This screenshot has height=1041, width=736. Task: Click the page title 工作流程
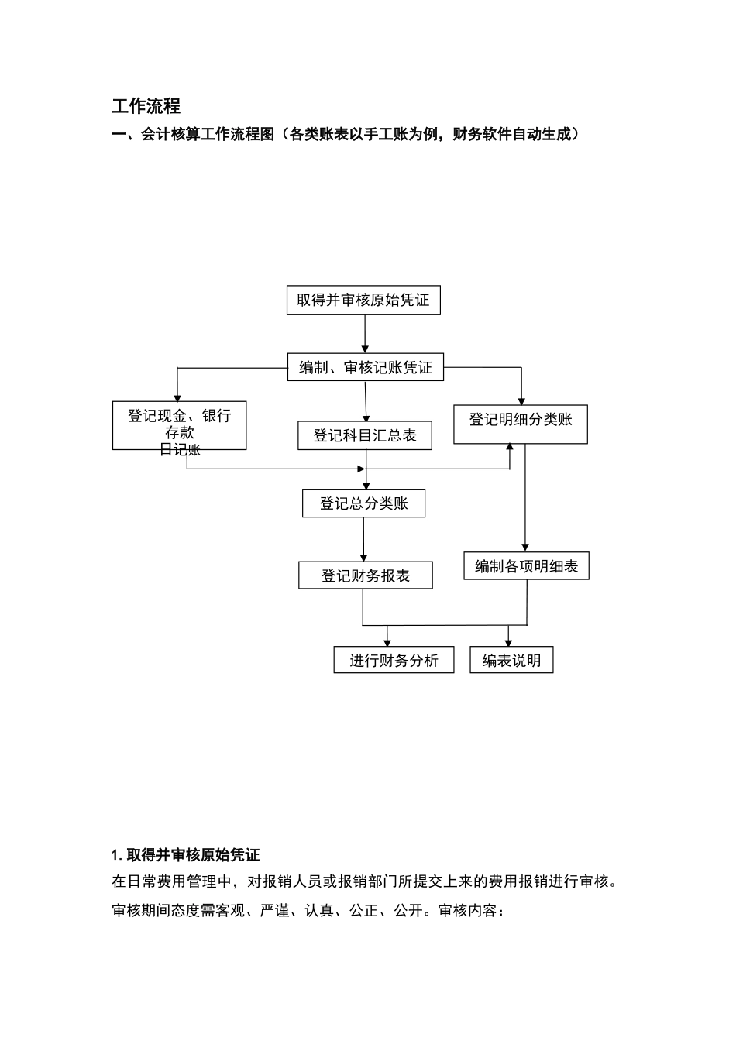click(x=146, y=106)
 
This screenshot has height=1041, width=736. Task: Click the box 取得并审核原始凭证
click(x=363, y=300)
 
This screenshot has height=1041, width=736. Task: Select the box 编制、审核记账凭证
click(x=366, y=367)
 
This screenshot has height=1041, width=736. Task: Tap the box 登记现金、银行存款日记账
click(x=179, y=425)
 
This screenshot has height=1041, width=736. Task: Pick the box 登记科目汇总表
click(x=365, y=435)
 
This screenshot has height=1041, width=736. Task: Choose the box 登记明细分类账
click(x=520, y=424)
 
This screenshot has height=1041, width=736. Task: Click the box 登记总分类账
click(x=363, y=503)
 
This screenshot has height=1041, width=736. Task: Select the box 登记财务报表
click(x=365, y=575)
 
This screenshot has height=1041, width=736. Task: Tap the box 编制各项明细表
click(x=526, y=566)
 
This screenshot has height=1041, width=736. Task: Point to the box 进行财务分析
click(x=394, y=660)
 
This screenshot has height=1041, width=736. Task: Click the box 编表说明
click(x=511, y=660)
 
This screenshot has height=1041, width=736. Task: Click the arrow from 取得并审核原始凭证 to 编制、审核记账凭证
click(x=364, y=334)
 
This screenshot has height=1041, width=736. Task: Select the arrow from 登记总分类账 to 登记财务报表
click(x=363, y=539)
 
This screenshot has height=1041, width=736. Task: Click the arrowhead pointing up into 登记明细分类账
click(x=510, y=448)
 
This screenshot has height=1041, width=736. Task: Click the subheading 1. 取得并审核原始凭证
click(x=186, y=855)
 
